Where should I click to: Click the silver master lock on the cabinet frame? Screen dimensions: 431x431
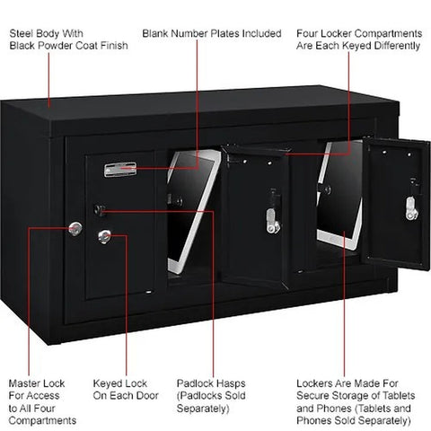pyautogui.click(x=75, y=229)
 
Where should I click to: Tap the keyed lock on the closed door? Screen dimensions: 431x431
pyautogui.click(x=104, y=236)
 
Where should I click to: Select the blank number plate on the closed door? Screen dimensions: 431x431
pyautogui.click(x=120, y=170)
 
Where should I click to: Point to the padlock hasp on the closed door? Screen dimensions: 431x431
pyautogui.click(x=100, y=210)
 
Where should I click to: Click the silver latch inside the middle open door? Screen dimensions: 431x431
pyautogui.click(x=272, y=221)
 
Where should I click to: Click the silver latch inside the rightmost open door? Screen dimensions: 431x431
pyautogui.click(x=411, y=208)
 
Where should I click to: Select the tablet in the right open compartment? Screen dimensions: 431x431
pyautogui.click(x=339, y=195)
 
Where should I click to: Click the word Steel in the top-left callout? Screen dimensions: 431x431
pyautogui.click(x=20, y=33)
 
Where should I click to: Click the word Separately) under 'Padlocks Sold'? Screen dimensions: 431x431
pyautogui.click(x=203, y=409)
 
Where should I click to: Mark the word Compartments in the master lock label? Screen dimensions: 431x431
pyautogui.click(x=42, y=421)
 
